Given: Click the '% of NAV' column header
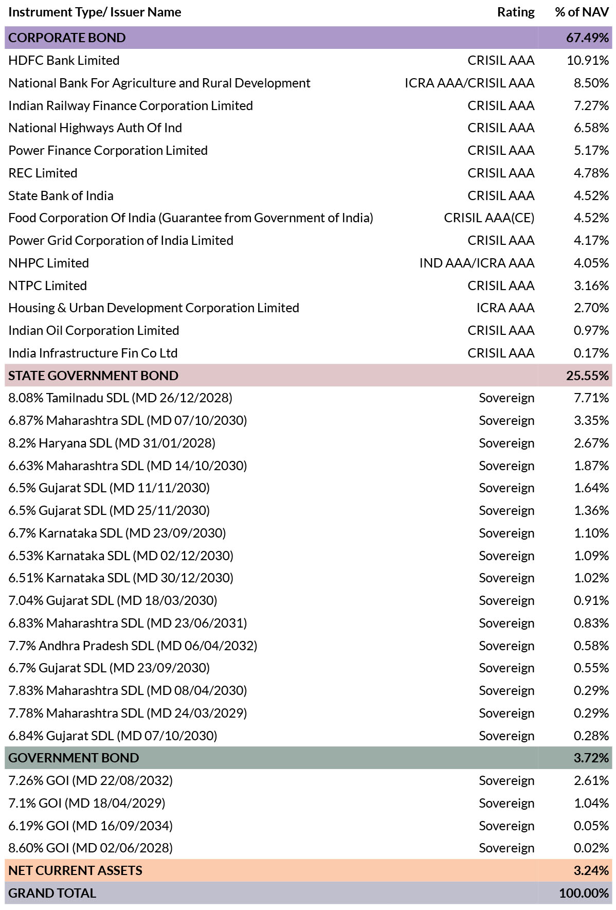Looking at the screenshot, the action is tap(582, 12).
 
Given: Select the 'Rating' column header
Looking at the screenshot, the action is tap(516, 12).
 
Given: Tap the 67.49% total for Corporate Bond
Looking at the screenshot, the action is tap(587, 38).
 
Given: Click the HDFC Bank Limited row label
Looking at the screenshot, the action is tap(64, 60).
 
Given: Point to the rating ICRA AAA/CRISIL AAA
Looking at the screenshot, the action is tap(469, 83).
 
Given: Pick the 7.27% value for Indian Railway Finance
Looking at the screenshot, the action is tap(591, 105).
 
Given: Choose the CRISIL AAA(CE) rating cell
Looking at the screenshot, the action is tap(489, 218).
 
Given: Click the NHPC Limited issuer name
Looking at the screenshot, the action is tap(48, 263).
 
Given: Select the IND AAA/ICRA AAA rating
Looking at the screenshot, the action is tap(477, 263).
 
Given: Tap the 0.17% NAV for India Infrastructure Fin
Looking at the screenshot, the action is tap(591, 353).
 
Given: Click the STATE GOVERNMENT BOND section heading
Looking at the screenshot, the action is tap(93, 376).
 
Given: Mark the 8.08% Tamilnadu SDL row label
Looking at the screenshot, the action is tap(120, 398).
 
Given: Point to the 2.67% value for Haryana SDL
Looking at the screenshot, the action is tap(591, 443).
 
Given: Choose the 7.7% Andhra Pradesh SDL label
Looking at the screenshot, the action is tap(133, 646).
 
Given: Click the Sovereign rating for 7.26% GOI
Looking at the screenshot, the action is tap(506, 781).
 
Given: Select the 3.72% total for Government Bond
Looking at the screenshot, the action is tap(591, 758).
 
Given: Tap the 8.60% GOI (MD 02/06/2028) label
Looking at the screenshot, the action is tap(90, 848).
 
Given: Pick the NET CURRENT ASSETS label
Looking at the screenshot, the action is tap(75, 870).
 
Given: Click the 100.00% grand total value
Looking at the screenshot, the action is tap(584, 893).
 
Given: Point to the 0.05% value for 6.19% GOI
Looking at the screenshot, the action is tap(591, 826).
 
